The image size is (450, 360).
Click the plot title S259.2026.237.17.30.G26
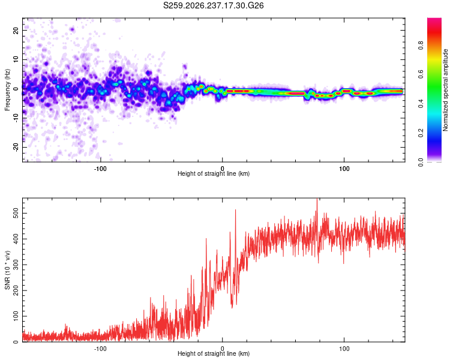pyautogui.click(x=213, y=5)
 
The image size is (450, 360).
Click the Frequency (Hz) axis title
pyautogui.click(x=7, y=90)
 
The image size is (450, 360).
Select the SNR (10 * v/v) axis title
pyautogui.click(x=7, y=270)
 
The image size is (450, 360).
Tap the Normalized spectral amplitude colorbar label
pyautogui.click(x=445, y=90)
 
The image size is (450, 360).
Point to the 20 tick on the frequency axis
pyautogui.click(x=16, y=30)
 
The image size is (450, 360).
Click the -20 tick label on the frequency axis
pyautogui.click(x=16, y=147)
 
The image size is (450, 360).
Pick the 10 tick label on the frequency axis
pyautogui.click(x=16, y=59)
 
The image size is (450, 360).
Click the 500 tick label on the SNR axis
pyautogui.click(x=16, y=214)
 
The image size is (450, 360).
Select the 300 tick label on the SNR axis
pyautogui.click(x=16, y=265)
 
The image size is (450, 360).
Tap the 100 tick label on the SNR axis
pyautogui.click(x=16, y=316)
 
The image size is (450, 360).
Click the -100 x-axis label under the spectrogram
pyautogui.click(x=100, y=169)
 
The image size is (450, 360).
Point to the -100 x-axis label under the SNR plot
pyautogui.click(x=100, y=349)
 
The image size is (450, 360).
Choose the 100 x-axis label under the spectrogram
pyautogui.click(x=344, y=169)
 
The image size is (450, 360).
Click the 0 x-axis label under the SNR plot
pyautogui.click(x=222, y=349)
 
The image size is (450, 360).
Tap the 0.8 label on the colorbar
pyautogui.click(x=421, y=46)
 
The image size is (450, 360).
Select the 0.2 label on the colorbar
pyautogui.click(x=421, y=133)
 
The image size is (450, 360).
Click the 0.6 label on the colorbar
pyautogui.click(x=421, y=74)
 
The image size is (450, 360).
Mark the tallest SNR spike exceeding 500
pyautogui.click(x=317, y=199)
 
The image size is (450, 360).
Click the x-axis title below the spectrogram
pyautogui.click(x=214, y=173)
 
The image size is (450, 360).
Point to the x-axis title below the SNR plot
pyautogui.click(x=214, y=353)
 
